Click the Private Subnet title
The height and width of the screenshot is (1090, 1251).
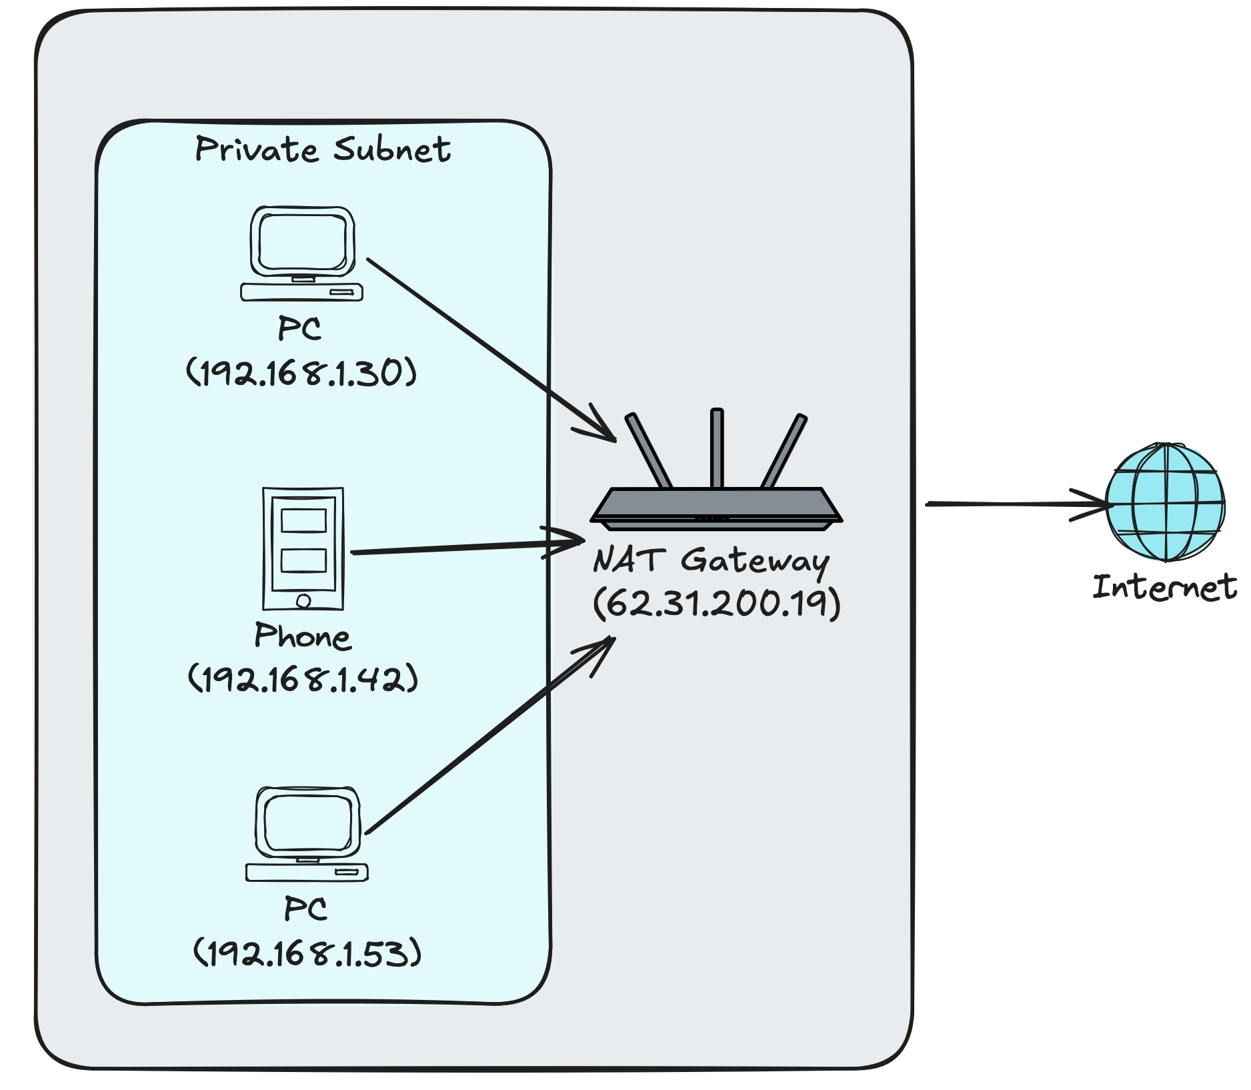point(323,149)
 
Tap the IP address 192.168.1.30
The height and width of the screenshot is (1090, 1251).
point(301,372)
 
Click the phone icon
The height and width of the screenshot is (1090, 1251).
point(303,548)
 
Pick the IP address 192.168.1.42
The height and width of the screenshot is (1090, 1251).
point(303,679)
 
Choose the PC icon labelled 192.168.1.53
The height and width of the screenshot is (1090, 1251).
point(307,834)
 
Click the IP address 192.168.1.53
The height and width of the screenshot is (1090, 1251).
point(307,953)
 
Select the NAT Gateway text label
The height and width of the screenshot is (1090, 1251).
point(712,560)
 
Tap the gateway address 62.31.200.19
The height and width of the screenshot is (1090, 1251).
point(717,603)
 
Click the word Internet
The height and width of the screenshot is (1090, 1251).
point(1164,588)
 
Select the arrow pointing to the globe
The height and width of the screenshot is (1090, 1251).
point(1014,504)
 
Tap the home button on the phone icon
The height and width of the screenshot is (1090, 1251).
point(303,601)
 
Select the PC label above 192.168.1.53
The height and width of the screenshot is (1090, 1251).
point(305,909)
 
